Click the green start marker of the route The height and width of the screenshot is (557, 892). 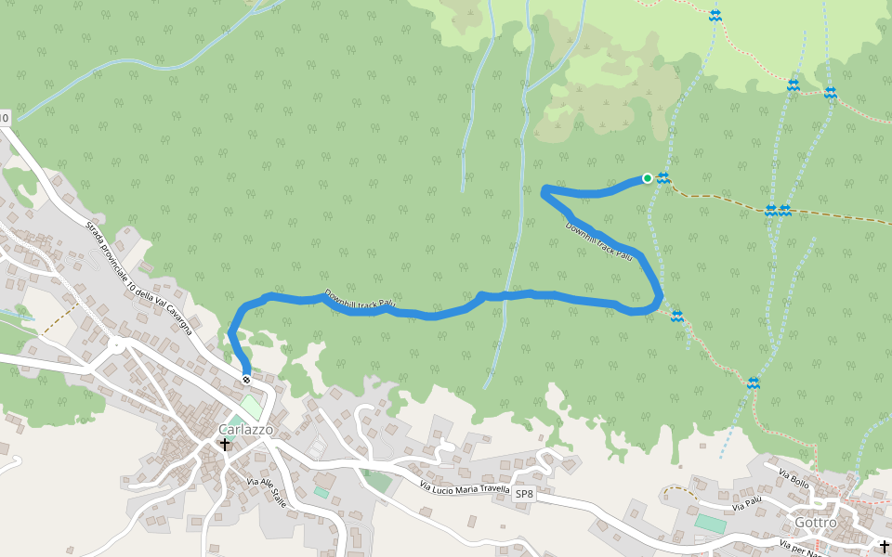click(648, 178)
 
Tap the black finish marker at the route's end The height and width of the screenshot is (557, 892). click(246, 379)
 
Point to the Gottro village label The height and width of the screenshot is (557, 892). click(815, 523)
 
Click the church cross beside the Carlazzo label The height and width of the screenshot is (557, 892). click(224, 445)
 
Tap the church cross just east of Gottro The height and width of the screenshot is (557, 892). click(884, 545)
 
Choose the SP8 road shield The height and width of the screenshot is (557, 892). click(525, 495)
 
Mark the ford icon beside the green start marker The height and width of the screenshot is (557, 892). click(663, 178)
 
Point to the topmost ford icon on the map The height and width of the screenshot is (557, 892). click(715, 16)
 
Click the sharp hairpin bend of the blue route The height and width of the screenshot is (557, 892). click(544, 191)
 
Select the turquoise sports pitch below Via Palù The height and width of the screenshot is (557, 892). click(711, 525)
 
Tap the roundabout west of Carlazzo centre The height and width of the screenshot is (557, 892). click(115, 345)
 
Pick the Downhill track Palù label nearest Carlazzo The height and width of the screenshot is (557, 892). click(361, 301)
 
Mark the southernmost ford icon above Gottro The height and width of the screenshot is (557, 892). click(753, 382)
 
